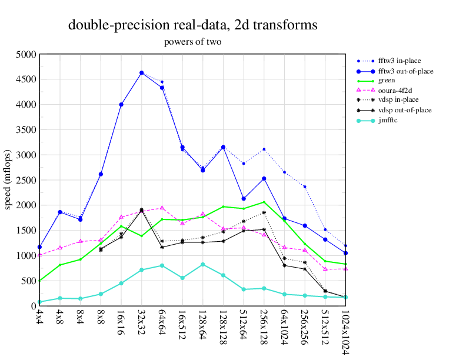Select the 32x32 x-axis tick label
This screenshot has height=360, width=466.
142,323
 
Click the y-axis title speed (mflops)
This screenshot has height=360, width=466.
8,180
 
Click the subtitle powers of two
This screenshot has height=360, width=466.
192,42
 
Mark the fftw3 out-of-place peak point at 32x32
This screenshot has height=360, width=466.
142,73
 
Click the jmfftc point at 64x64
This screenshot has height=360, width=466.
162,265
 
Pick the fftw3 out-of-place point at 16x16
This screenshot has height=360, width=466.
121,105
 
